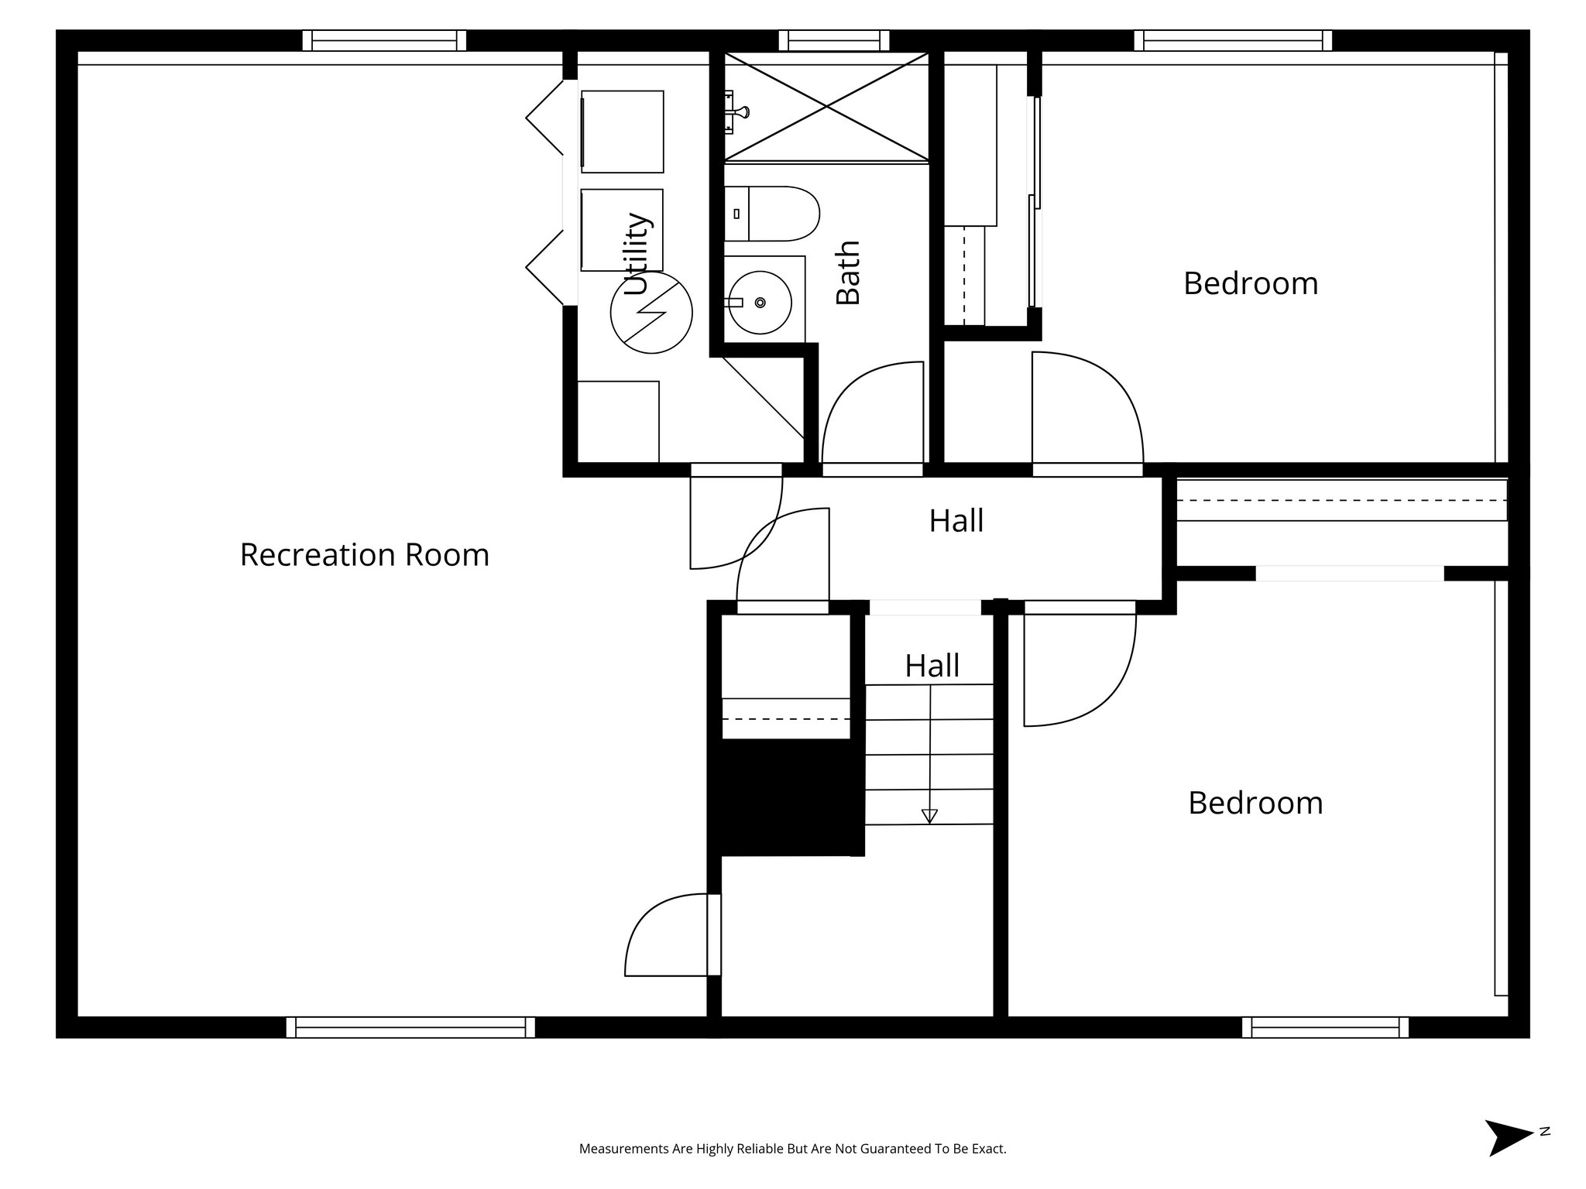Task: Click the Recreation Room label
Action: [364, 555]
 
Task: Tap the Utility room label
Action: [637, 254]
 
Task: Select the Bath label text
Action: [849, 272]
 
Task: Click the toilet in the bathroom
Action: [771, 214]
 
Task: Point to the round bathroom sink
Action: [760, 302]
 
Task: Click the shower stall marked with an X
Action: [826, 107]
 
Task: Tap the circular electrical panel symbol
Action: [651, 313]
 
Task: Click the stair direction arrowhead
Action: [929, 816]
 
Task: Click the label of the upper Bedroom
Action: [1250, 283]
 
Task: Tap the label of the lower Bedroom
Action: [1255, 803]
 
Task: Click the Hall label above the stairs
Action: [932, 666]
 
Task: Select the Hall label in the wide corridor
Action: [956, 521]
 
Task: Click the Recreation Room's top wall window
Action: [384, 40]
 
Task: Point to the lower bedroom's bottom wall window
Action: [1325, 1027]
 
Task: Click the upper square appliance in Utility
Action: [622, 132]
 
